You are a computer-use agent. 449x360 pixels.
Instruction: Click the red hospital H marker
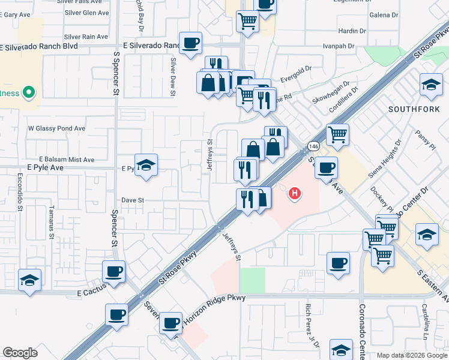click(295, 193)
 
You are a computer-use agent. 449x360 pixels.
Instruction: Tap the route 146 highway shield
click(313, 146)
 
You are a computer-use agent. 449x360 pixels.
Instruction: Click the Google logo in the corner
click(20, 353)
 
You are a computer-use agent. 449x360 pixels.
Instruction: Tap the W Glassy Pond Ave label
click(57, 128)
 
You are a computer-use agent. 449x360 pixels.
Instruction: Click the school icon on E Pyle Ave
click(146, 165)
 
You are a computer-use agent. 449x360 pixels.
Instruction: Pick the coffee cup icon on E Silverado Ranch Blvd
click(190, 43)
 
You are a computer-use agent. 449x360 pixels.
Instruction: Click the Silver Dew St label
click(173, 76)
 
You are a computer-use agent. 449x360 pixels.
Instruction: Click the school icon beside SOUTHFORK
click(431, 85)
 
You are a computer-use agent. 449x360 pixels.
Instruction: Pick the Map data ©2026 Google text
click(411, 355)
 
